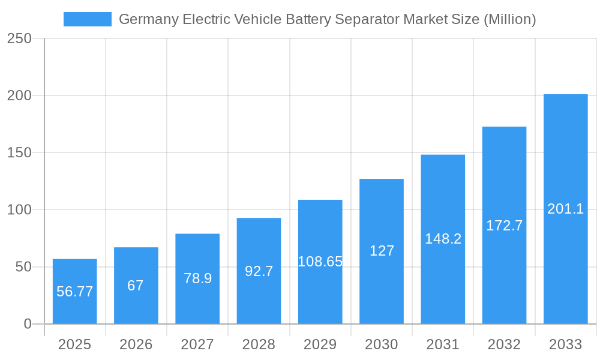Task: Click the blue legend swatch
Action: click(88, 19)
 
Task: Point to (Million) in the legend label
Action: click(509, 19)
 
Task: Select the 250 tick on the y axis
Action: click(19, 38)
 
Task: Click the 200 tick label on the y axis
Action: click(19, 95)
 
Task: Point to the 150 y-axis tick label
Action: click(19, 152)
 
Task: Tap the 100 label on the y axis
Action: click(19, 209)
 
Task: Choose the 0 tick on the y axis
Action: click(28, 324)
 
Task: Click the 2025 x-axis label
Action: click(74, 344)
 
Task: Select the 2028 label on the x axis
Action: click(259, 344)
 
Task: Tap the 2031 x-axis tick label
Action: click(443, 344)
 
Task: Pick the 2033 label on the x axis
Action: click(565, 344)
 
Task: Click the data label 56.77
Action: click(74, 292)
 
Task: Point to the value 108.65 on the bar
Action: click(320, 262)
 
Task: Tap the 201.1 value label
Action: click(565, 209)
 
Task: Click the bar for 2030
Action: click(382, 282)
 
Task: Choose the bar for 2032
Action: click(504, 264)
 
